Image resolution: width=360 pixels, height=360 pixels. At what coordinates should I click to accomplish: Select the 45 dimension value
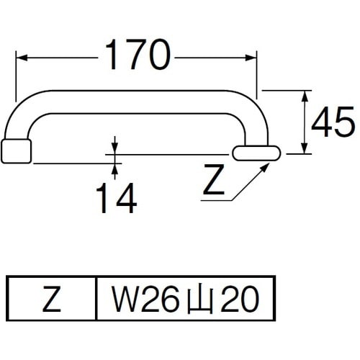(x=333, y=124)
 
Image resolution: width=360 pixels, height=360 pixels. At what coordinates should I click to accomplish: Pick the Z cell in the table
(x=50, y=298)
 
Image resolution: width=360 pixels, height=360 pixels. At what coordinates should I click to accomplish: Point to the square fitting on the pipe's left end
(x=18, y=151)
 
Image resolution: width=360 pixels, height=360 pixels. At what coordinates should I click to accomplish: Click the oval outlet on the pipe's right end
(x=256, y=153)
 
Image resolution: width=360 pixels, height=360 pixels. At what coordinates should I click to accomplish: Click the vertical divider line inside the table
(x=96, y=298)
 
